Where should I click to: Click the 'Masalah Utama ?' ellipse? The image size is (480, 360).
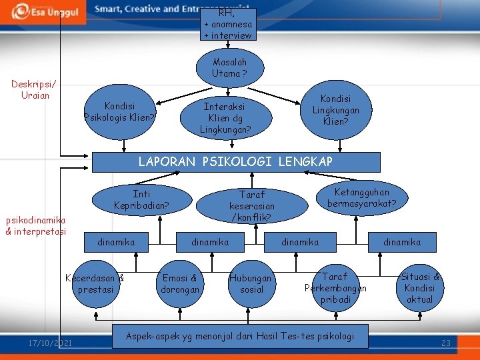(x=229, y=67)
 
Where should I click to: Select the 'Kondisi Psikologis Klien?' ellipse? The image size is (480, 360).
(x=120, y=111)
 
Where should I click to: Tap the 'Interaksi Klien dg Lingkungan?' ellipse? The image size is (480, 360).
(x=225, y=117)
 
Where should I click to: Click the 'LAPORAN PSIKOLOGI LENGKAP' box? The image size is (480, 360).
(x=235, y=162)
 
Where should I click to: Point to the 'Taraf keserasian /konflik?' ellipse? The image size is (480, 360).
(x=251, y=205)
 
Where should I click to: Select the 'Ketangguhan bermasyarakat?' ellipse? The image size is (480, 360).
(x=366, y=197)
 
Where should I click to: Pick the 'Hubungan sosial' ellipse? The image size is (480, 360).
(x=251, y=284)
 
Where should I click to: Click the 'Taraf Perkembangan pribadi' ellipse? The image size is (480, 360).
(x=335, y=287)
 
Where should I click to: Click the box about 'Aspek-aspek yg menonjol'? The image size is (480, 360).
(x=239, y=336)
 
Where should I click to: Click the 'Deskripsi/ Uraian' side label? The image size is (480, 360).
(x=35, y=89)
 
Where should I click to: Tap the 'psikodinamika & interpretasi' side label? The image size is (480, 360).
(x=35, y=225)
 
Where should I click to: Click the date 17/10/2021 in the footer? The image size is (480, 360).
(x=51, y=343)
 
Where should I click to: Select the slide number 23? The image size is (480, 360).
(x=446, y=343)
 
